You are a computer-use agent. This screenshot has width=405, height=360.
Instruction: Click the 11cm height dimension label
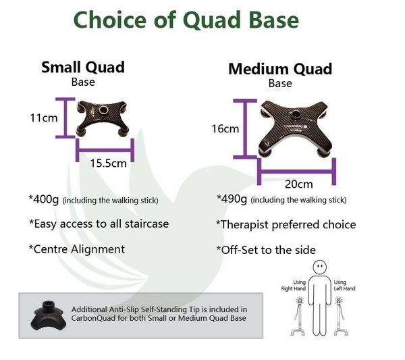44,118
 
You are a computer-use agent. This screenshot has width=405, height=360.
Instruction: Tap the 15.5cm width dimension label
109,163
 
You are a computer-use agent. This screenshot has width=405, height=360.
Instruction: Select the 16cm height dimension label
225,129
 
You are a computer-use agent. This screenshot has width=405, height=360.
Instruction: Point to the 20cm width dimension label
299,184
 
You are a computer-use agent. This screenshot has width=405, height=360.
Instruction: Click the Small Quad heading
83,67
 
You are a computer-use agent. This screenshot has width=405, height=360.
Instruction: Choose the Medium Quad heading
280,69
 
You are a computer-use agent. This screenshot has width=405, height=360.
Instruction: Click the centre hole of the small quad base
103,110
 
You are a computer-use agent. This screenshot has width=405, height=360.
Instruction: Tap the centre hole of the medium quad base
295,114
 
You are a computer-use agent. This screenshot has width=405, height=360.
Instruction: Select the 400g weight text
44,199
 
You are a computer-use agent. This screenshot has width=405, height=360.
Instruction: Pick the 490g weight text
232,199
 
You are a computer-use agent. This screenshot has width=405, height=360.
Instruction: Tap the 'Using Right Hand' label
294,285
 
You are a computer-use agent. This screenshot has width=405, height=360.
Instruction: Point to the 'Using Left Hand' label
344,285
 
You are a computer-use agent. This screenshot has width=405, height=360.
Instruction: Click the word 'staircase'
146,224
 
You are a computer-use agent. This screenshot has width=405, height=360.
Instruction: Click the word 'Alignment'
98,249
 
